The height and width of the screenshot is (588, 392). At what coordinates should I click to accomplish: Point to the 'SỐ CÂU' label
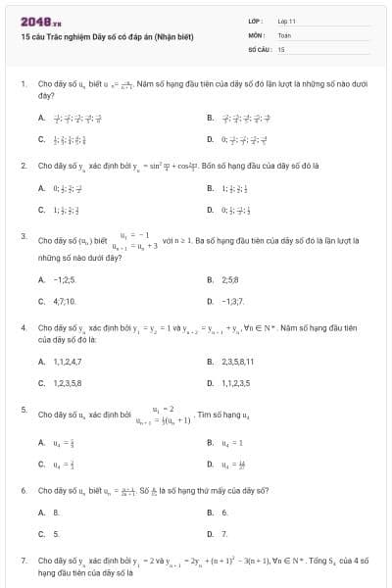[259, 48]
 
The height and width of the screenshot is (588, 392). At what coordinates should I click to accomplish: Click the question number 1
[23, 84]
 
